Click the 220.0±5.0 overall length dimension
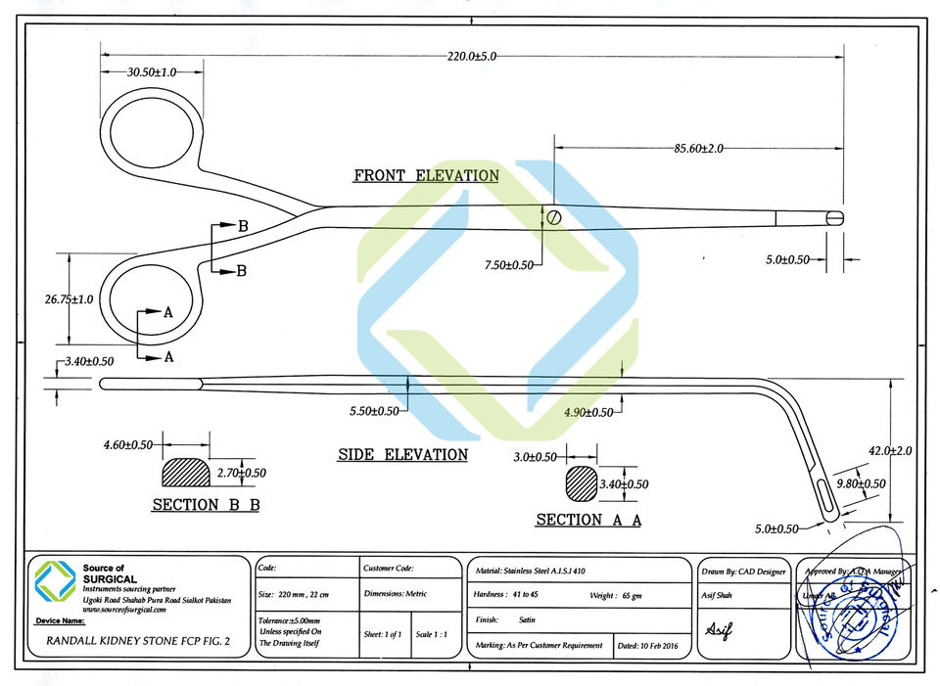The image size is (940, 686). coord(472,57)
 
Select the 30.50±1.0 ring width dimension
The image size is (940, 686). coord(152,72)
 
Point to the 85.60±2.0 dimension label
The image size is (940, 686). coord(698,149)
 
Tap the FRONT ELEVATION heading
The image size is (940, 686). coord(426,176)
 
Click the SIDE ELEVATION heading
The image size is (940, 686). coord(402,455)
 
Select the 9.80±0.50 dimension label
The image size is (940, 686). coord(861,483)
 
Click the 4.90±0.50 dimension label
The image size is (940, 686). coord(588,412)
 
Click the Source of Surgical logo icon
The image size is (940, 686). coord(55,579)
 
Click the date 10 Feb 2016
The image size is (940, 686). coord(648,646)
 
